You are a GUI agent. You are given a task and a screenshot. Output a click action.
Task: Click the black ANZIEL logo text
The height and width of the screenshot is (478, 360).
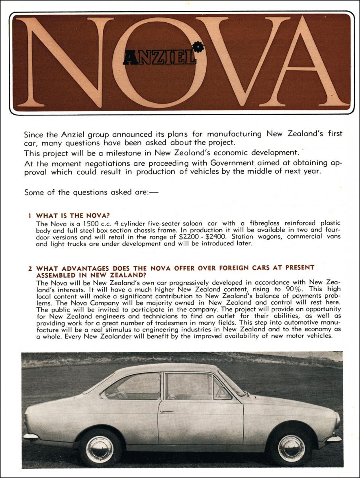[x=159, y=59]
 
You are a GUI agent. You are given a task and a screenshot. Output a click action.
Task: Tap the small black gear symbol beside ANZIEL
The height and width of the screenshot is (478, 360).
[x=198, y=47]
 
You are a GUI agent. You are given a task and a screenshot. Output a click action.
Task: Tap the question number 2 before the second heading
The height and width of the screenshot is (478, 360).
[x=30, y=268]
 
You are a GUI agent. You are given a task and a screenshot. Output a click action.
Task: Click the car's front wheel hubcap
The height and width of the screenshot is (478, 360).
[x=291, y=448]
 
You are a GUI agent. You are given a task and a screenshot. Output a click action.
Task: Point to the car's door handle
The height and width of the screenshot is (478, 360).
[x=166, y=411]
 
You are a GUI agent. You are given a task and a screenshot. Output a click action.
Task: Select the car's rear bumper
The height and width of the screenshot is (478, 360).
[x=31, y=436]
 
